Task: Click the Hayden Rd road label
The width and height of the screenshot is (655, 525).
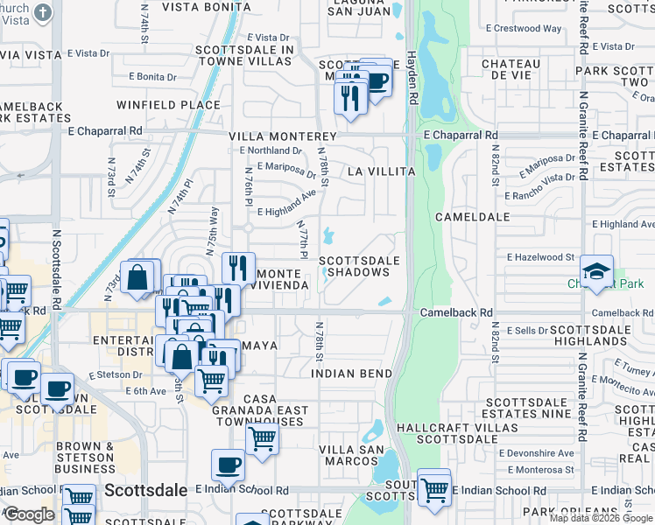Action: pos(412,79)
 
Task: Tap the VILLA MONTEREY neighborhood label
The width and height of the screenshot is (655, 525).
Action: pos(283,137)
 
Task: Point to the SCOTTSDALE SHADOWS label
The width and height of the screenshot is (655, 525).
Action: pos(359,266)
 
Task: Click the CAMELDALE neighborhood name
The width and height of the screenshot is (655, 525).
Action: pos(473,216)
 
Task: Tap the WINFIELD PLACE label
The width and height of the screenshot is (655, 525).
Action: pos(170,105)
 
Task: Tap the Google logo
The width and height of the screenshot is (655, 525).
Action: pos(29,514)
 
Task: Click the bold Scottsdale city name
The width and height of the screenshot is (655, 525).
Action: pos(145,490)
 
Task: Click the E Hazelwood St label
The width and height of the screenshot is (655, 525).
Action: pos(540,257)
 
